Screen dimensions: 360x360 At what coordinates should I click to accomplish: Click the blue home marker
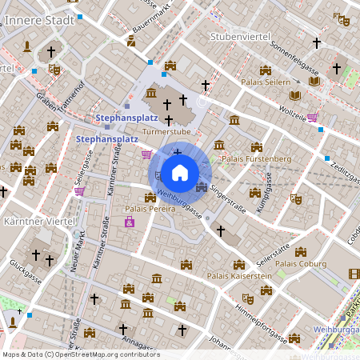click(x=180, y=172)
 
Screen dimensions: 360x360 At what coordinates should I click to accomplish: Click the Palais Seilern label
click(x=266, y=82)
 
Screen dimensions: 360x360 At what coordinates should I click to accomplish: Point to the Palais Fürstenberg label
click(x=256, y=158)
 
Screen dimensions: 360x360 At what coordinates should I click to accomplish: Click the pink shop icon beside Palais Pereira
click(x=129, y=222)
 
